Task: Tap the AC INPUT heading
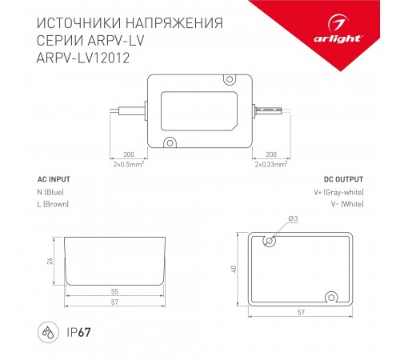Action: tap(54, 179)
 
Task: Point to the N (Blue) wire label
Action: tap(52, 192)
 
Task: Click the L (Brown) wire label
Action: tap(54, 204)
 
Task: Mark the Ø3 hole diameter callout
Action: tap(292, 219)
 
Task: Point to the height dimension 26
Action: tap(50, 261)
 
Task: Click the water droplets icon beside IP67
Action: tap(47, 330)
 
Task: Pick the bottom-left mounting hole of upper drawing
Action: tap(170, 142)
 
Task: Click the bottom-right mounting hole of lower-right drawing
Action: tap(329, 296)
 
